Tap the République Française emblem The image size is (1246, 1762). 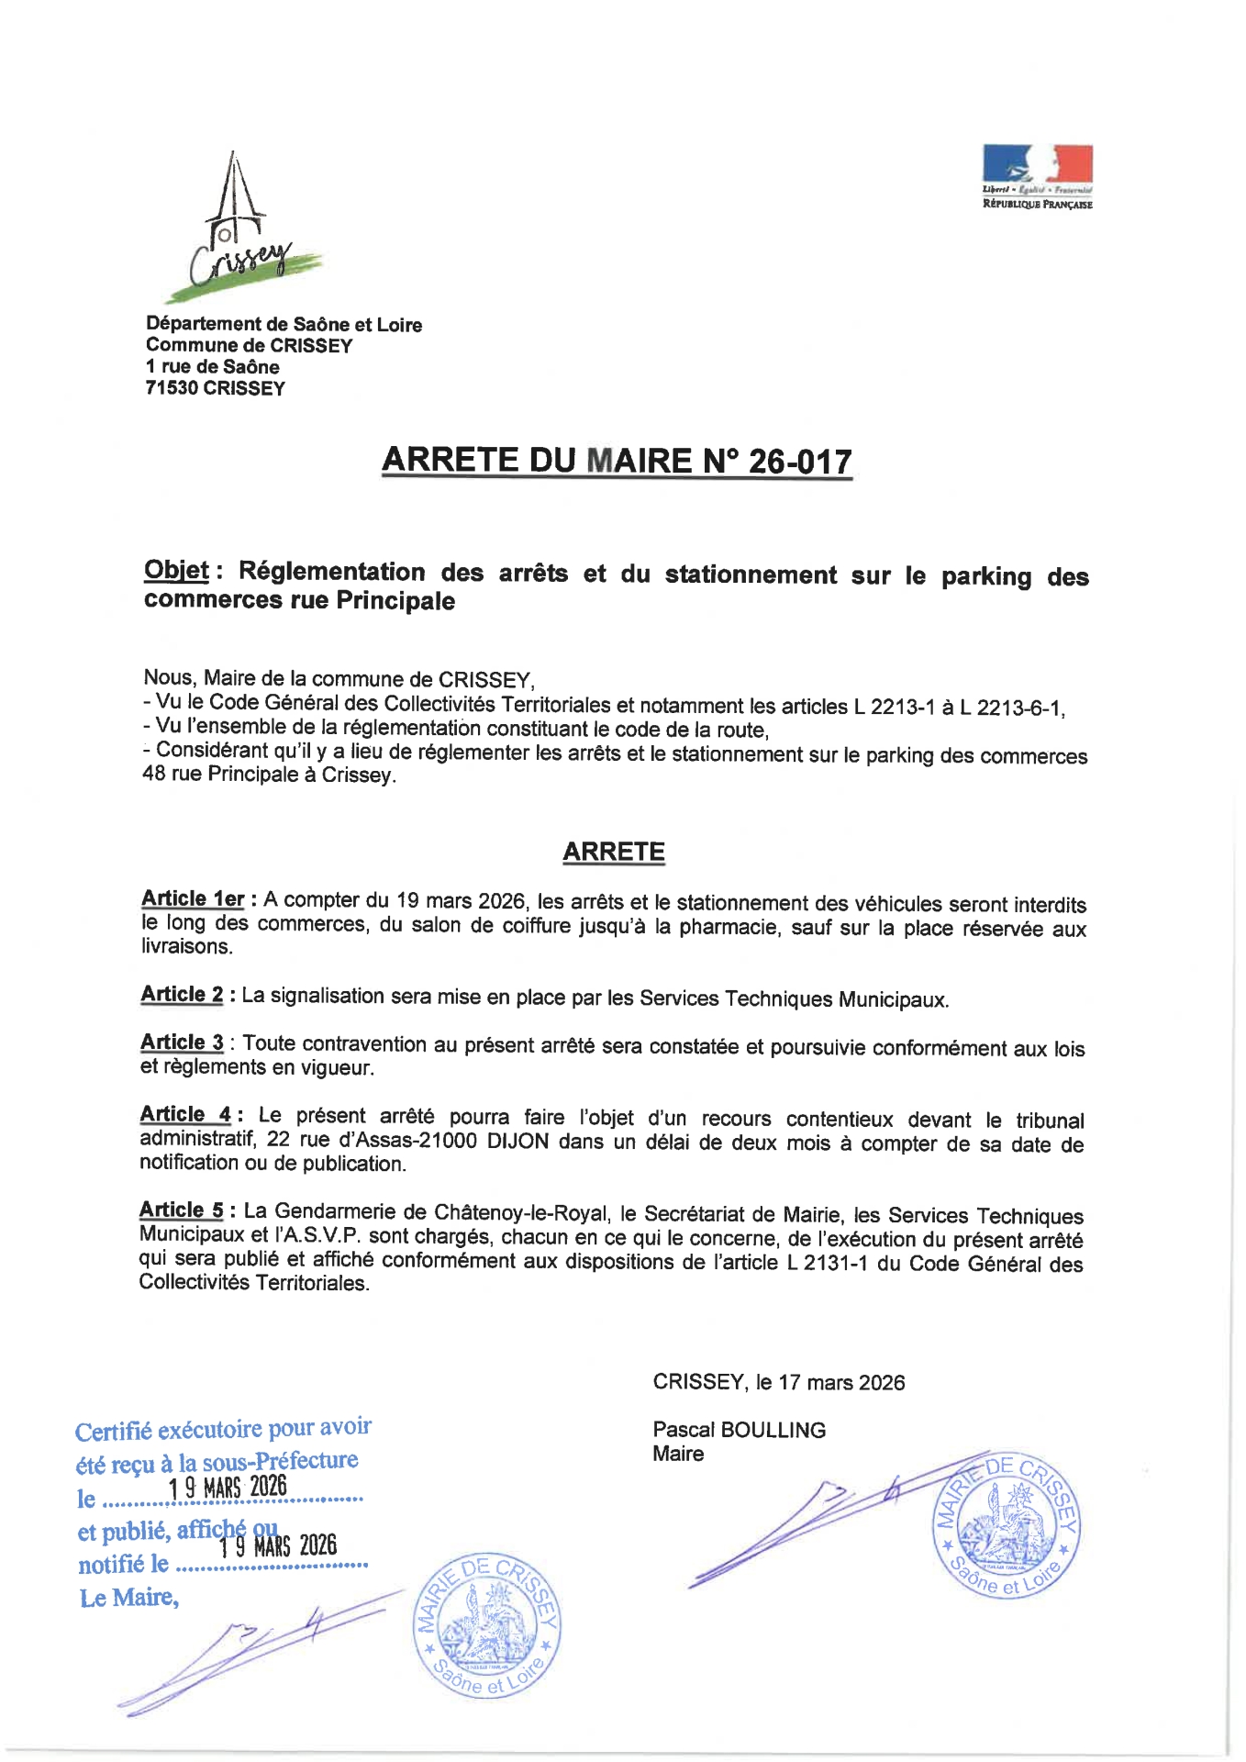tap(1037, 176)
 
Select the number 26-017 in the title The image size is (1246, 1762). tap(800, 462)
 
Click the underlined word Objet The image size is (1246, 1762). tap(176, 571)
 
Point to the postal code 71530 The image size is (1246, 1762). tap(172, 388)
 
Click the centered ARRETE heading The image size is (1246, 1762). tap(613, 852)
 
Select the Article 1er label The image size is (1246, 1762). tap(193, 898)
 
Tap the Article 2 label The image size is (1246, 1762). tap(182, 994)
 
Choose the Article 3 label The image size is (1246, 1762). tap(182, 1043)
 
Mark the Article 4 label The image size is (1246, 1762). tap(185, 1114)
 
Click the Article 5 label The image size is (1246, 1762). tap(181, 1210)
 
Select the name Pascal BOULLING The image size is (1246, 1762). tap(739, 1430)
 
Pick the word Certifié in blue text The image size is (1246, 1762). tap(113, 1433)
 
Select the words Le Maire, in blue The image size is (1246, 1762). tap(128, 1598)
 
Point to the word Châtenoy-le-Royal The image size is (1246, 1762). tap(521, 1212)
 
